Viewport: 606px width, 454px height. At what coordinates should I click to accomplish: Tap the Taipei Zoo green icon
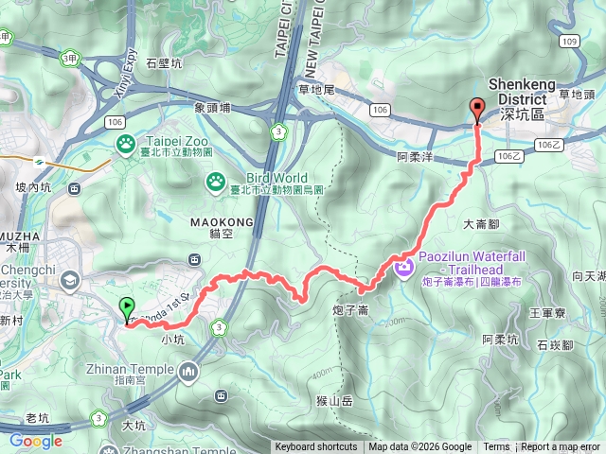(125, 143)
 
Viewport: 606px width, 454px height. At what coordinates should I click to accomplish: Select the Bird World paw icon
(217, 178)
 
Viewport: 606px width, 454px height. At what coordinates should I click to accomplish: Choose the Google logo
(35, 441)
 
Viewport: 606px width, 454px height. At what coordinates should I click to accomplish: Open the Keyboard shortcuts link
(316, 447)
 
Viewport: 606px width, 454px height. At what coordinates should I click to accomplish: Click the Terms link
(496, 447)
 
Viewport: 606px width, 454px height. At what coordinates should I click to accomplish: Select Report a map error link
(561, 447)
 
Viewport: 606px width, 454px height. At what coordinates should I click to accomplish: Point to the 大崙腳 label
(481, 224)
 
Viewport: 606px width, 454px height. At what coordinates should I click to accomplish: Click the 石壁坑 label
(165, 64)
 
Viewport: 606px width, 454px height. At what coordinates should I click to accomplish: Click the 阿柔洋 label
(415, 157)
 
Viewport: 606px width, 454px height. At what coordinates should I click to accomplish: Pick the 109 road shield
(569, 42)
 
